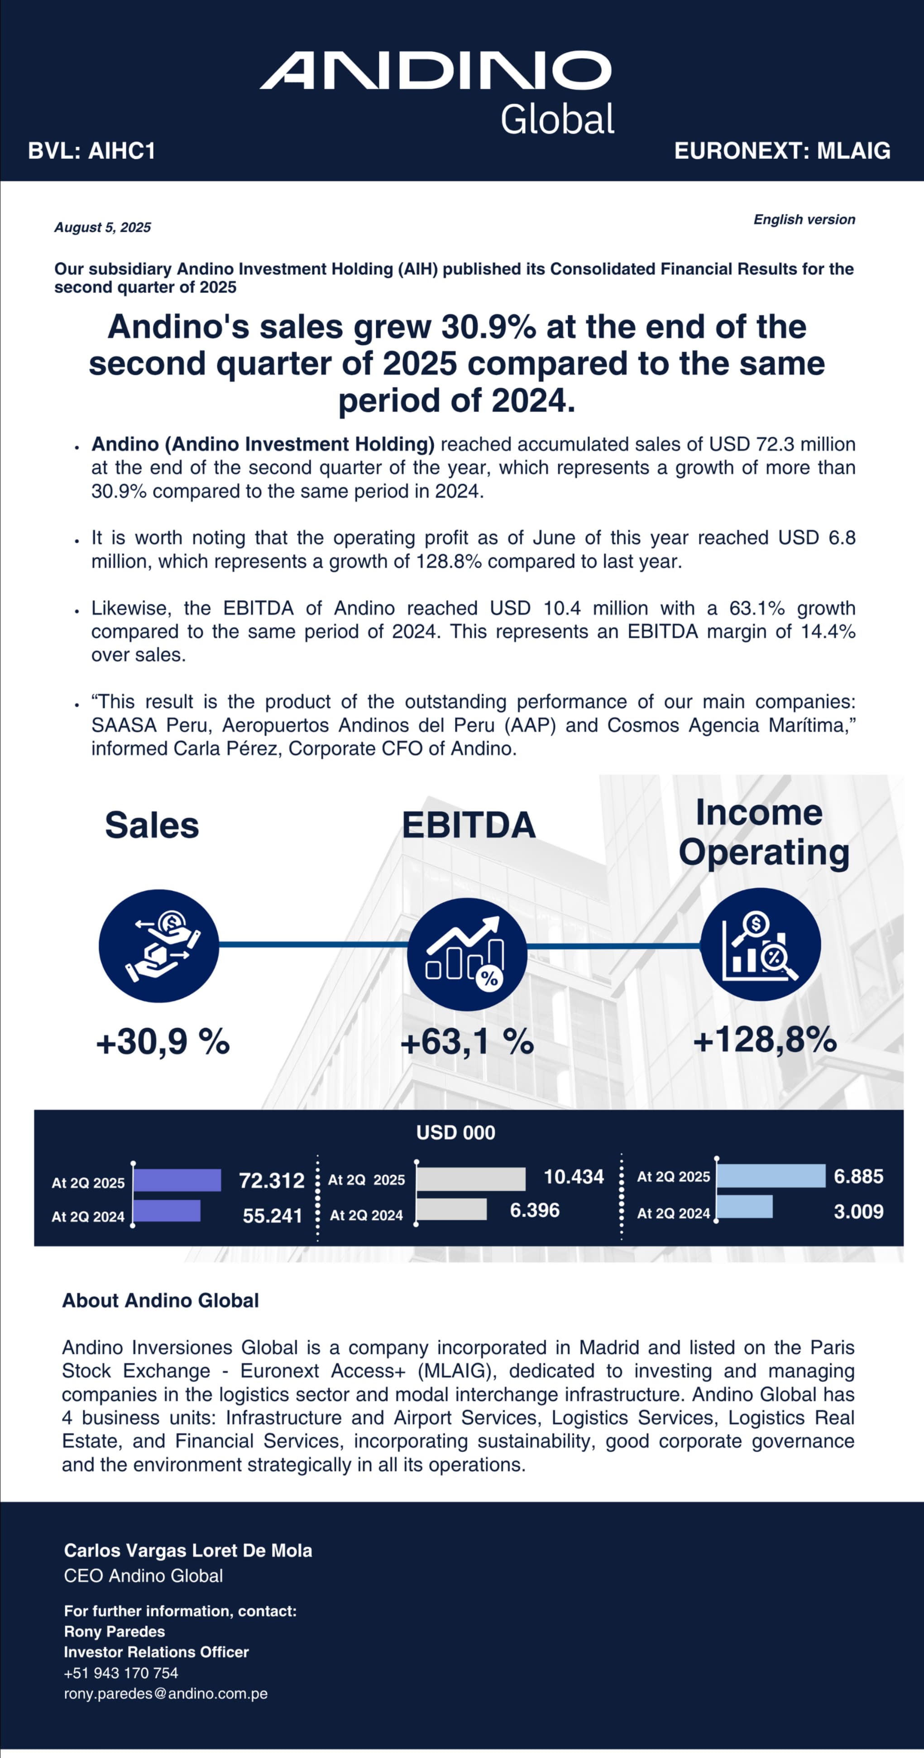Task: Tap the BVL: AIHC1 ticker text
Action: click(x=91, y=151)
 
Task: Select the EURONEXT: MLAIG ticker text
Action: click(x=782, y=151)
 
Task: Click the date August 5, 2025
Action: click(x=102, y=227)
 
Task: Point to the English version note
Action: click(x=804, y=220)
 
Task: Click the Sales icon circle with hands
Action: click(x=159, y=946)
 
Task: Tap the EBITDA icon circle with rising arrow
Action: click(x=467, y=954)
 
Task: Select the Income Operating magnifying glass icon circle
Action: click(x=760, y=944)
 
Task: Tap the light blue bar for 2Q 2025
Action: click(x=771, y=1176)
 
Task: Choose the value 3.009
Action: click(x=858, y=1212)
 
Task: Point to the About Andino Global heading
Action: click(x=160, y=1300)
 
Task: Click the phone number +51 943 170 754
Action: click(x=121, y=1673)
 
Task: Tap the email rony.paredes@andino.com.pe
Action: click(x=166, y=1693)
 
